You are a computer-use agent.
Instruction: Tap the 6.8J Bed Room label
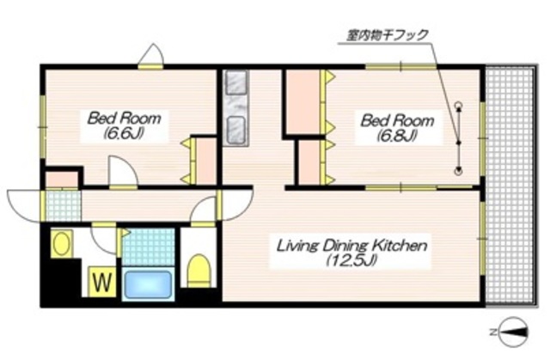click(389, 125)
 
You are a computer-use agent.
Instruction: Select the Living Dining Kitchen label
click(351, 252)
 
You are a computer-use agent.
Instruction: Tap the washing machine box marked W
click(102, 280)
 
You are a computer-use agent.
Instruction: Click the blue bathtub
click(148, 284)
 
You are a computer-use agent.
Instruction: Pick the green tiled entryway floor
click(62, 205)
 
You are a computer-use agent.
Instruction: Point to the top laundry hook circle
click(458, 106)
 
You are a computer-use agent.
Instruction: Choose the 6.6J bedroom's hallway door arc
click(122, 171)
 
